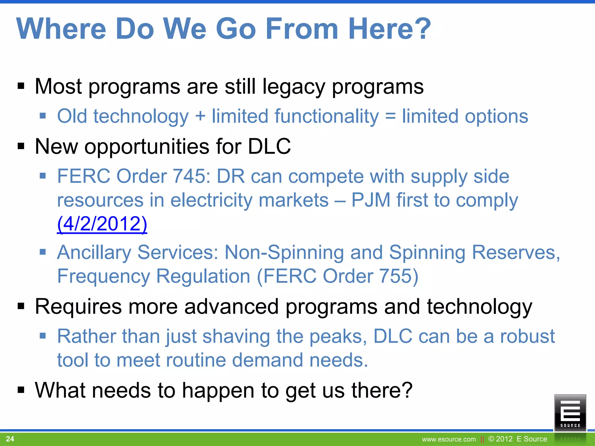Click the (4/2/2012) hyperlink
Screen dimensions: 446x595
102,224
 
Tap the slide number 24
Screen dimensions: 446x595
10,439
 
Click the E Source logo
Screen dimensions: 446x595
570,412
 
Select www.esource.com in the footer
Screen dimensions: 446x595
449,439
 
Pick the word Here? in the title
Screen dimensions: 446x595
389,29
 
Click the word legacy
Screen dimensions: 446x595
293,87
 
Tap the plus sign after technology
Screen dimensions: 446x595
200,116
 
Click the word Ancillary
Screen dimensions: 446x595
94,252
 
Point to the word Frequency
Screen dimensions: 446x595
103,276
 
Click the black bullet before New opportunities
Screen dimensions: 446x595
21,146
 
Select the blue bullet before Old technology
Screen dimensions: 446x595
43,116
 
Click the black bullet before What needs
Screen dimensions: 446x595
21,390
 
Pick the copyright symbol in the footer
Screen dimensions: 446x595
491,439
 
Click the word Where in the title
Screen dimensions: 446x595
61,29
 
